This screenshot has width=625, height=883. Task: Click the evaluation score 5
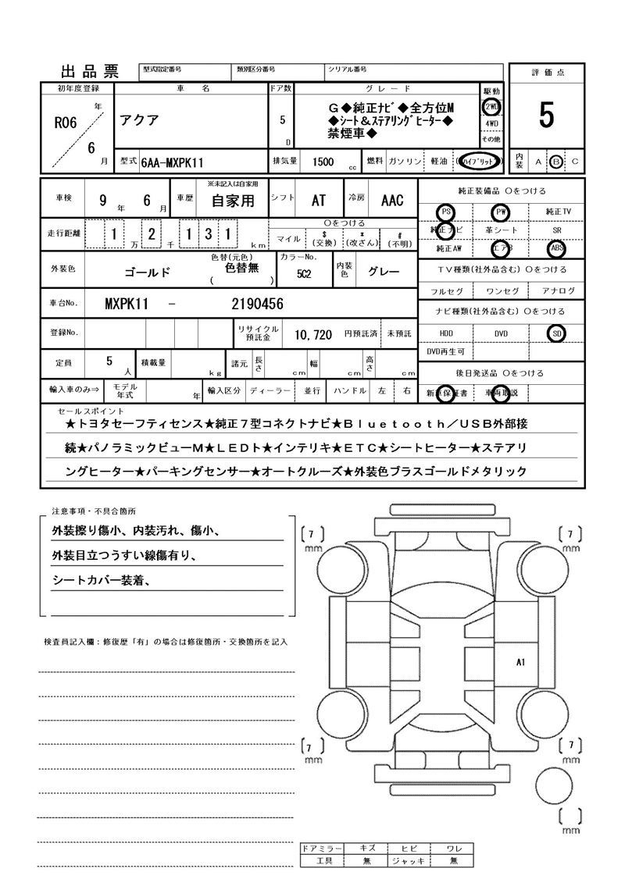coord(546,116)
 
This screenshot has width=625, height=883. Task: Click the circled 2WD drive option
coord(491,107)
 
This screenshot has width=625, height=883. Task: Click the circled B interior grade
coord(556,162)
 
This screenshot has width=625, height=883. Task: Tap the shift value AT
coord(319,201)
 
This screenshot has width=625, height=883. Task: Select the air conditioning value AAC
coord(392,201)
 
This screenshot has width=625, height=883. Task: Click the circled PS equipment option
coord(446,212)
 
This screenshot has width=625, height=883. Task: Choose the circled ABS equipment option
coord(556,248)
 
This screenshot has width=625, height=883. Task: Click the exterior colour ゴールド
coord(148,273)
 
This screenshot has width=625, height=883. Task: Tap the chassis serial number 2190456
coord(257,304)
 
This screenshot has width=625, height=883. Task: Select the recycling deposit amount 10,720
coord(313,334)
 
